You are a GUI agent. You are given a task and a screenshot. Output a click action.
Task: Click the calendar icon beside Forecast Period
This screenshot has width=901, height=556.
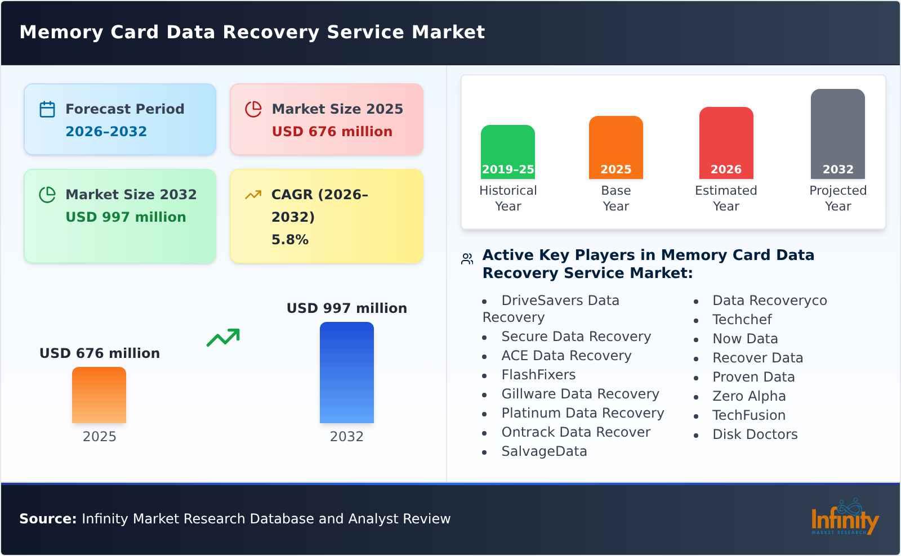47,109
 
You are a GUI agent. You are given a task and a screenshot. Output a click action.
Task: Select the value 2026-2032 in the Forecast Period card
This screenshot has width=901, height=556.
106,132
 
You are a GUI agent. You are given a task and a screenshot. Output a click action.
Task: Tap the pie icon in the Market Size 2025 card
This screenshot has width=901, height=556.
253,109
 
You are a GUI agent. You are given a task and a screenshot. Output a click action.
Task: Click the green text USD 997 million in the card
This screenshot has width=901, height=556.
126,217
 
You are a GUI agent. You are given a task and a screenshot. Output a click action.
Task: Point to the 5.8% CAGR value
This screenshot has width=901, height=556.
289,240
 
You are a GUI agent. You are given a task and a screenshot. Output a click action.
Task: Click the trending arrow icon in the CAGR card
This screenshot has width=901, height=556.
253,195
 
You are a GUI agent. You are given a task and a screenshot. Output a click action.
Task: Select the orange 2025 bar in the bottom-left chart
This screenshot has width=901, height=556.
99,395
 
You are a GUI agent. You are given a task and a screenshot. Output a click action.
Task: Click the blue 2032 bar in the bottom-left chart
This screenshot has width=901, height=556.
346,373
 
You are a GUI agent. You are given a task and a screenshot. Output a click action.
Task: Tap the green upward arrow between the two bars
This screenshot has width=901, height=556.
223,338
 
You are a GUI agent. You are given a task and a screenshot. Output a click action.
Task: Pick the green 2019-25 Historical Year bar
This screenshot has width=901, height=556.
507,152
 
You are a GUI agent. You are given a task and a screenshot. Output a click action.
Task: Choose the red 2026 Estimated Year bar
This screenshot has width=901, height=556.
726,143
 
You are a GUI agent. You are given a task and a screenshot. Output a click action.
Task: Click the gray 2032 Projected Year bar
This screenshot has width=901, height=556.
837,134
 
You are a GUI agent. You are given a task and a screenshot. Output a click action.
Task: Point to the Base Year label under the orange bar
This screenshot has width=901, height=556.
615,198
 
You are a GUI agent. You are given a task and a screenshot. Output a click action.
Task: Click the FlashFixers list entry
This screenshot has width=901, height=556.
538,375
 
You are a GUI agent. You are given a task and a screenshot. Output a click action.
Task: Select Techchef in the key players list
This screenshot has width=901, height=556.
742,320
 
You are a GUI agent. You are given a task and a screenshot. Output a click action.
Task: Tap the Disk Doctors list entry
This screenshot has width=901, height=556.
755,434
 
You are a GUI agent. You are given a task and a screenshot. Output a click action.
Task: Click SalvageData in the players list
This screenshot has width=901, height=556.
544,451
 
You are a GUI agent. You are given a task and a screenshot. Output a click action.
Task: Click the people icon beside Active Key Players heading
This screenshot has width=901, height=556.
467,259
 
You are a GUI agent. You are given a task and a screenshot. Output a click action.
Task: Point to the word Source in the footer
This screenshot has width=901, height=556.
47,519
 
